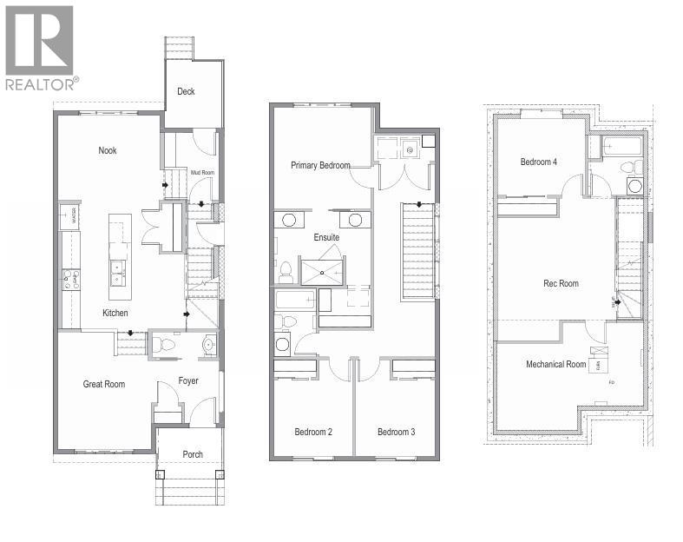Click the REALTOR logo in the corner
[x=40, y=47]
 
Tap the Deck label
[x=186, y=91]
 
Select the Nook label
[x=107, y=150]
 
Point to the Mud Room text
[x=202, y=172]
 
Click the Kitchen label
[x=115, y=313]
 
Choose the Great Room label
[x=104, y=384]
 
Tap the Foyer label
[x=188, y=380]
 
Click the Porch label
[x=193, y=455]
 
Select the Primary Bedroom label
[x=320, y=165]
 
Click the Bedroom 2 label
[x=313, y=432]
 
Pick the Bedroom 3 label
[x=397, y=432]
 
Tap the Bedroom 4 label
[x=539, y=162]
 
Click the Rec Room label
[x=561, y=283]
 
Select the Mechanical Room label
[x=556, y=364]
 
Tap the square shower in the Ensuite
[x=322, y=271]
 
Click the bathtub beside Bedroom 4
[x=620, y=147]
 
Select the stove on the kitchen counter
[x=69, y=280]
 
